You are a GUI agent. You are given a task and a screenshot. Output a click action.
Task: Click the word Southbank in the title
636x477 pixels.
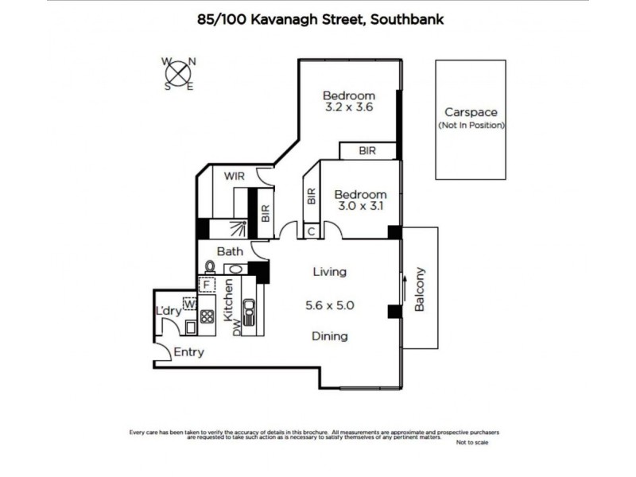(405, 19)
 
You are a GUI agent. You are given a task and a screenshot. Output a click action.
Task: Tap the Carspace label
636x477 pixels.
(471, 113)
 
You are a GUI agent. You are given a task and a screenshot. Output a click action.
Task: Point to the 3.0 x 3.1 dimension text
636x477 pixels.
(360, 207)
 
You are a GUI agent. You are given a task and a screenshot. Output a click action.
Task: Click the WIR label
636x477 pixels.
(234, 176)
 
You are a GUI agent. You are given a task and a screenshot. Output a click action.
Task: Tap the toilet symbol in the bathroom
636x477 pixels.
(211, 267)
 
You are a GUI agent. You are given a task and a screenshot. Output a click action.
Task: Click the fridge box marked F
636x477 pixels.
(207, 284)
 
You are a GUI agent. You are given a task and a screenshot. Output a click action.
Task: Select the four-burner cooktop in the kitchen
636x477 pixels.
(207, 315)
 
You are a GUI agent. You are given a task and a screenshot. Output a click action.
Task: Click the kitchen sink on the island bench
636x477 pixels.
(248, 312)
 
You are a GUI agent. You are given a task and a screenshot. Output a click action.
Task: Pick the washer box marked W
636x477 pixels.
(190, 303)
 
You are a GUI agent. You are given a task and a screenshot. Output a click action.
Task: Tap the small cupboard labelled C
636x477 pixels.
(312, 231)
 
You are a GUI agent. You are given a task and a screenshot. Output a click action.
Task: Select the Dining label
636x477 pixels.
(329, 336)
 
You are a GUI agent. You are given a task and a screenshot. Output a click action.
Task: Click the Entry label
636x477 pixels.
(188, 352)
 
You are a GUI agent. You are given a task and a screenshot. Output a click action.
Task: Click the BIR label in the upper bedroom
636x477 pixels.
(366, 150)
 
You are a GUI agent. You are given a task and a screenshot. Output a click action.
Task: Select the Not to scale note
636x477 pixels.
(473, 443)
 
